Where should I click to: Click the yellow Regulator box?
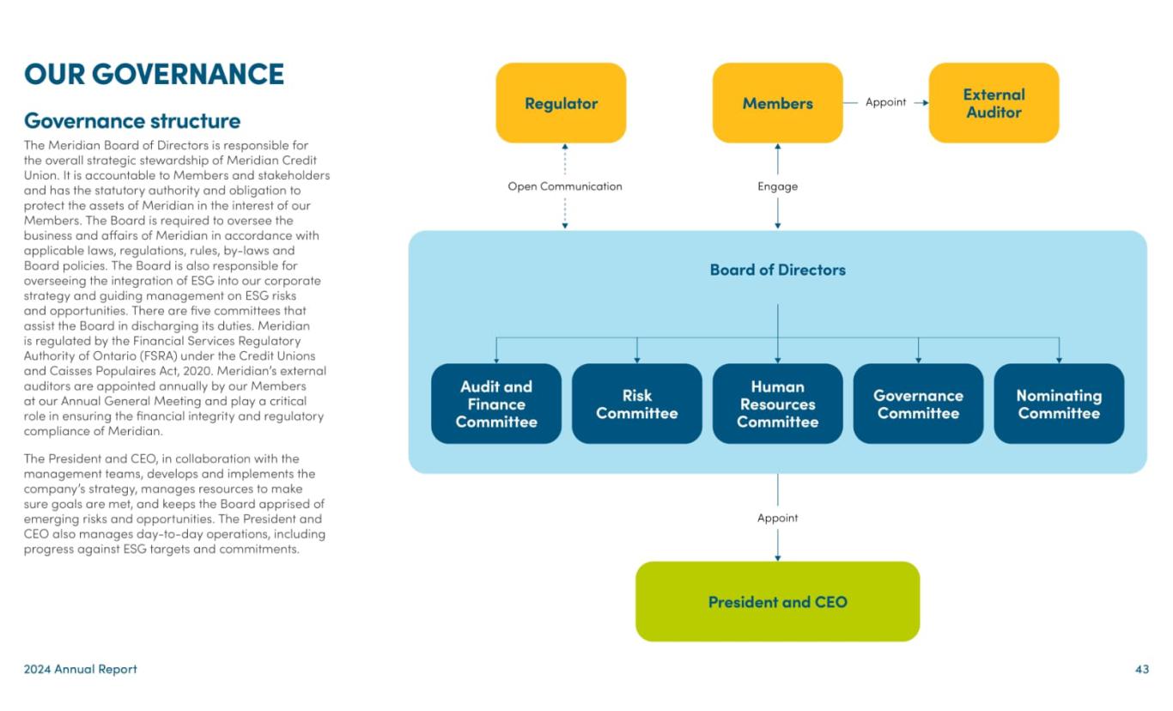point(561,103)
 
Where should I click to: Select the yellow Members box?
point(777,103)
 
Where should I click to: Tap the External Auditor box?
point(994,103)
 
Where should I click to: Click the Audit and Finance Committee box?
point(495,404)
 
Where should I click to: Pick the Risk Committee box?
point(636,404)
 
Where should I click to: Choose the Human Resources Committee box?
point(777,404)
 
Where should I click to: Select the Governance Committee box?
point(918,404)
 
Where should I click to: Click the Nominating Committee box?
point(1059,404)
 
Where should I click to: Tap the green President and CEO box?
point(777,602)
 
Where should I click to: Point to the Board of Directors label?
point(777,270)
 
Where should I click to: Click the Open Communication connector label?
point(564,186)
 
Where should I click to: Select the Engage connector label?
point(777,186)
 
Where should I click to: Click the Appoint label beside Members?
point(885,102)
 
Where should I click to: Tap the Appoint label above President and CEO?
point(777,518)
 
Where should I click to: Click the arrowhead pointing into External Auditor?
point(925,102)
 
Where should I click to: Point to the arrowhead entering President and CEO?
point(777,557)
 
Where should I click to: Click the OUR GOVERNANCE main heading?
point(154,74)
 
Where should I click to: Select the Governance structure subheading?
point(132,120)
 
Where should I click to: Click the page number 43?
point(1141,669)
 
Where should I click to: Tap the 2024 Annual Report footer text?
point(80,669)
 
